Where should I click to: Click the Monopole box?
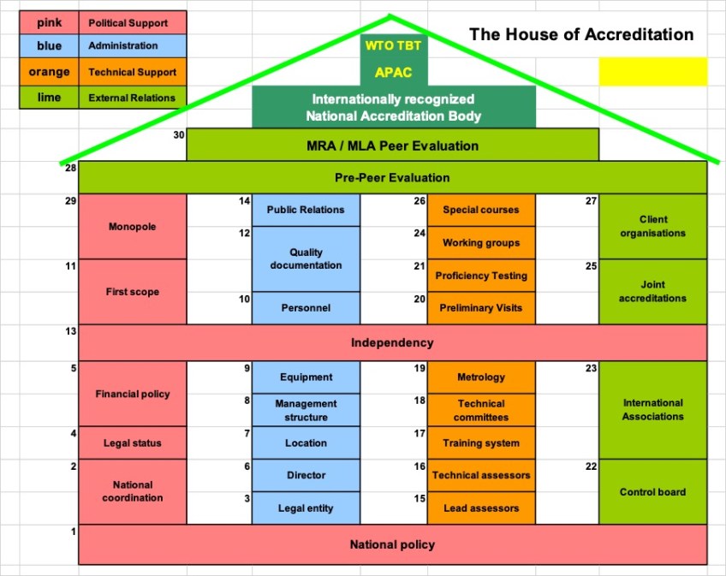click(x=133, y=227)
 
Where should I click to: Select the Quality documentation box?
click(x=306, y=258)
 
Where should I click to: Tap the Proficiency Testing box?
click(x=481, y=276)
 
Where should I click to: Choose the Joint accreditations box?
click(x=652, y=291)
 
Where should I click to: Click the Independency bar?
click(x=392, y=342)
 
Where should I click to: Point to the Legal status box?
click(x=133, y=442)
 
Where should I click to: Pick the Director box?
click(x=306, y=475)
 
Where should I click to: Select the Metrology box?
click(x=481, y=377)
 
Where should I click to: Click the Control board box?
click(x=652, y=492)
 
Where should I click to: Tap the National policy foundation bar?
click(x=392, y=544)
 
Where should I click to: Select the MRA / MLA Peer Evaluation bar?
click(x=392, y=145)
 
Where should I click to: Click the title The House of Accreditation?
click(x=581, y=34)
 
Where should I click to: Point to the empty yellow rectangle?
click(x=652, y=72)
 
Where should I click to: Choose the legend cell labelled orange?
click(x=49, y=73)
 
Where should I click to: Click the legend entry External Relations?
click(x=132, y=98)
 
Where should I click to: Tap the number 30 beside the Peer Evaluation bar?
click(x=179, y=134)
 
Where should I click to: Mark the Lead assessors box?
click(x=481, y=508)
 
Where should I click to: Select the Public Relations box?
click(x=306, y=210)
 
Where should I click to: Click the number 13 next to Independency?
click(x=72, y=331)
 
